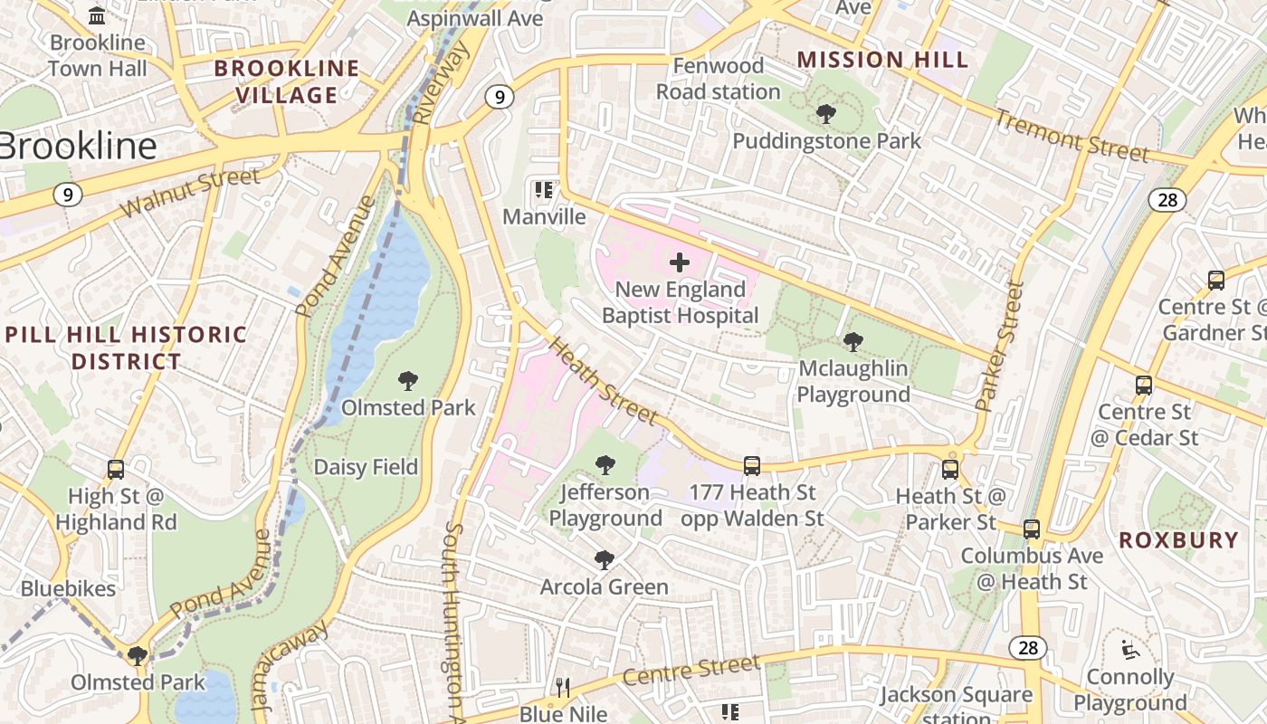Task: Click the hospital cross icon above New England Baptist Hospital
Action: point(680,263)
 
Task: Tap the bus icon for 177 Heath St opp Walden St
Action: point(752,466)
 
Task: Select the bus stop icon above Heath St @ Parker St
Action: point(950,469)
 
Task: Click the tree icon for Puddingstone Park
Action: point(825,114)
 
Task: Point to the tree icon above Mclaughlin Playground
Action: point(853,341)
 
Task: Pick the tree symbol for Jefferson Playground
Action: point(605,465)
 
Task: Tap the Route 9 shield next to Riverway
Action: point(499,97)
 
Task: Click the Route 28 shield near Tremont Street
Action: point(1167,200)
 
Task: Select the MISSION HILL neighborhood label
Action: point(882,61)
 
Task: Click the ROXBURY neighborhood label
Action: point(1178,540)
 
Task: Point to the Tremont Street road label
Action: point(1072,136)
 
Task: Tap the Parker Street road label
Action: point(1001,347)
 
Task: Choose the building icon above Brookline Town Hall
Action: point(97,15)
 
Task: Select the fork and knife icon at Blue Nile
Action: point(563,688)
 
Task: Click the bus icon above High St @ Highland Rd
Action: point(116,470)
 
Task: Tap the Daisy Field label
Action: point(366,467)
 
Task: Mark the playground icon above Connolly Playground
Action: point(1129,650)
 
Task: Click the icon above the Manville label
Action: point(544,190)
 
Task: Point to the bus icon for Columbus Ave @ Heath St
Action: point(1032,529)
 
